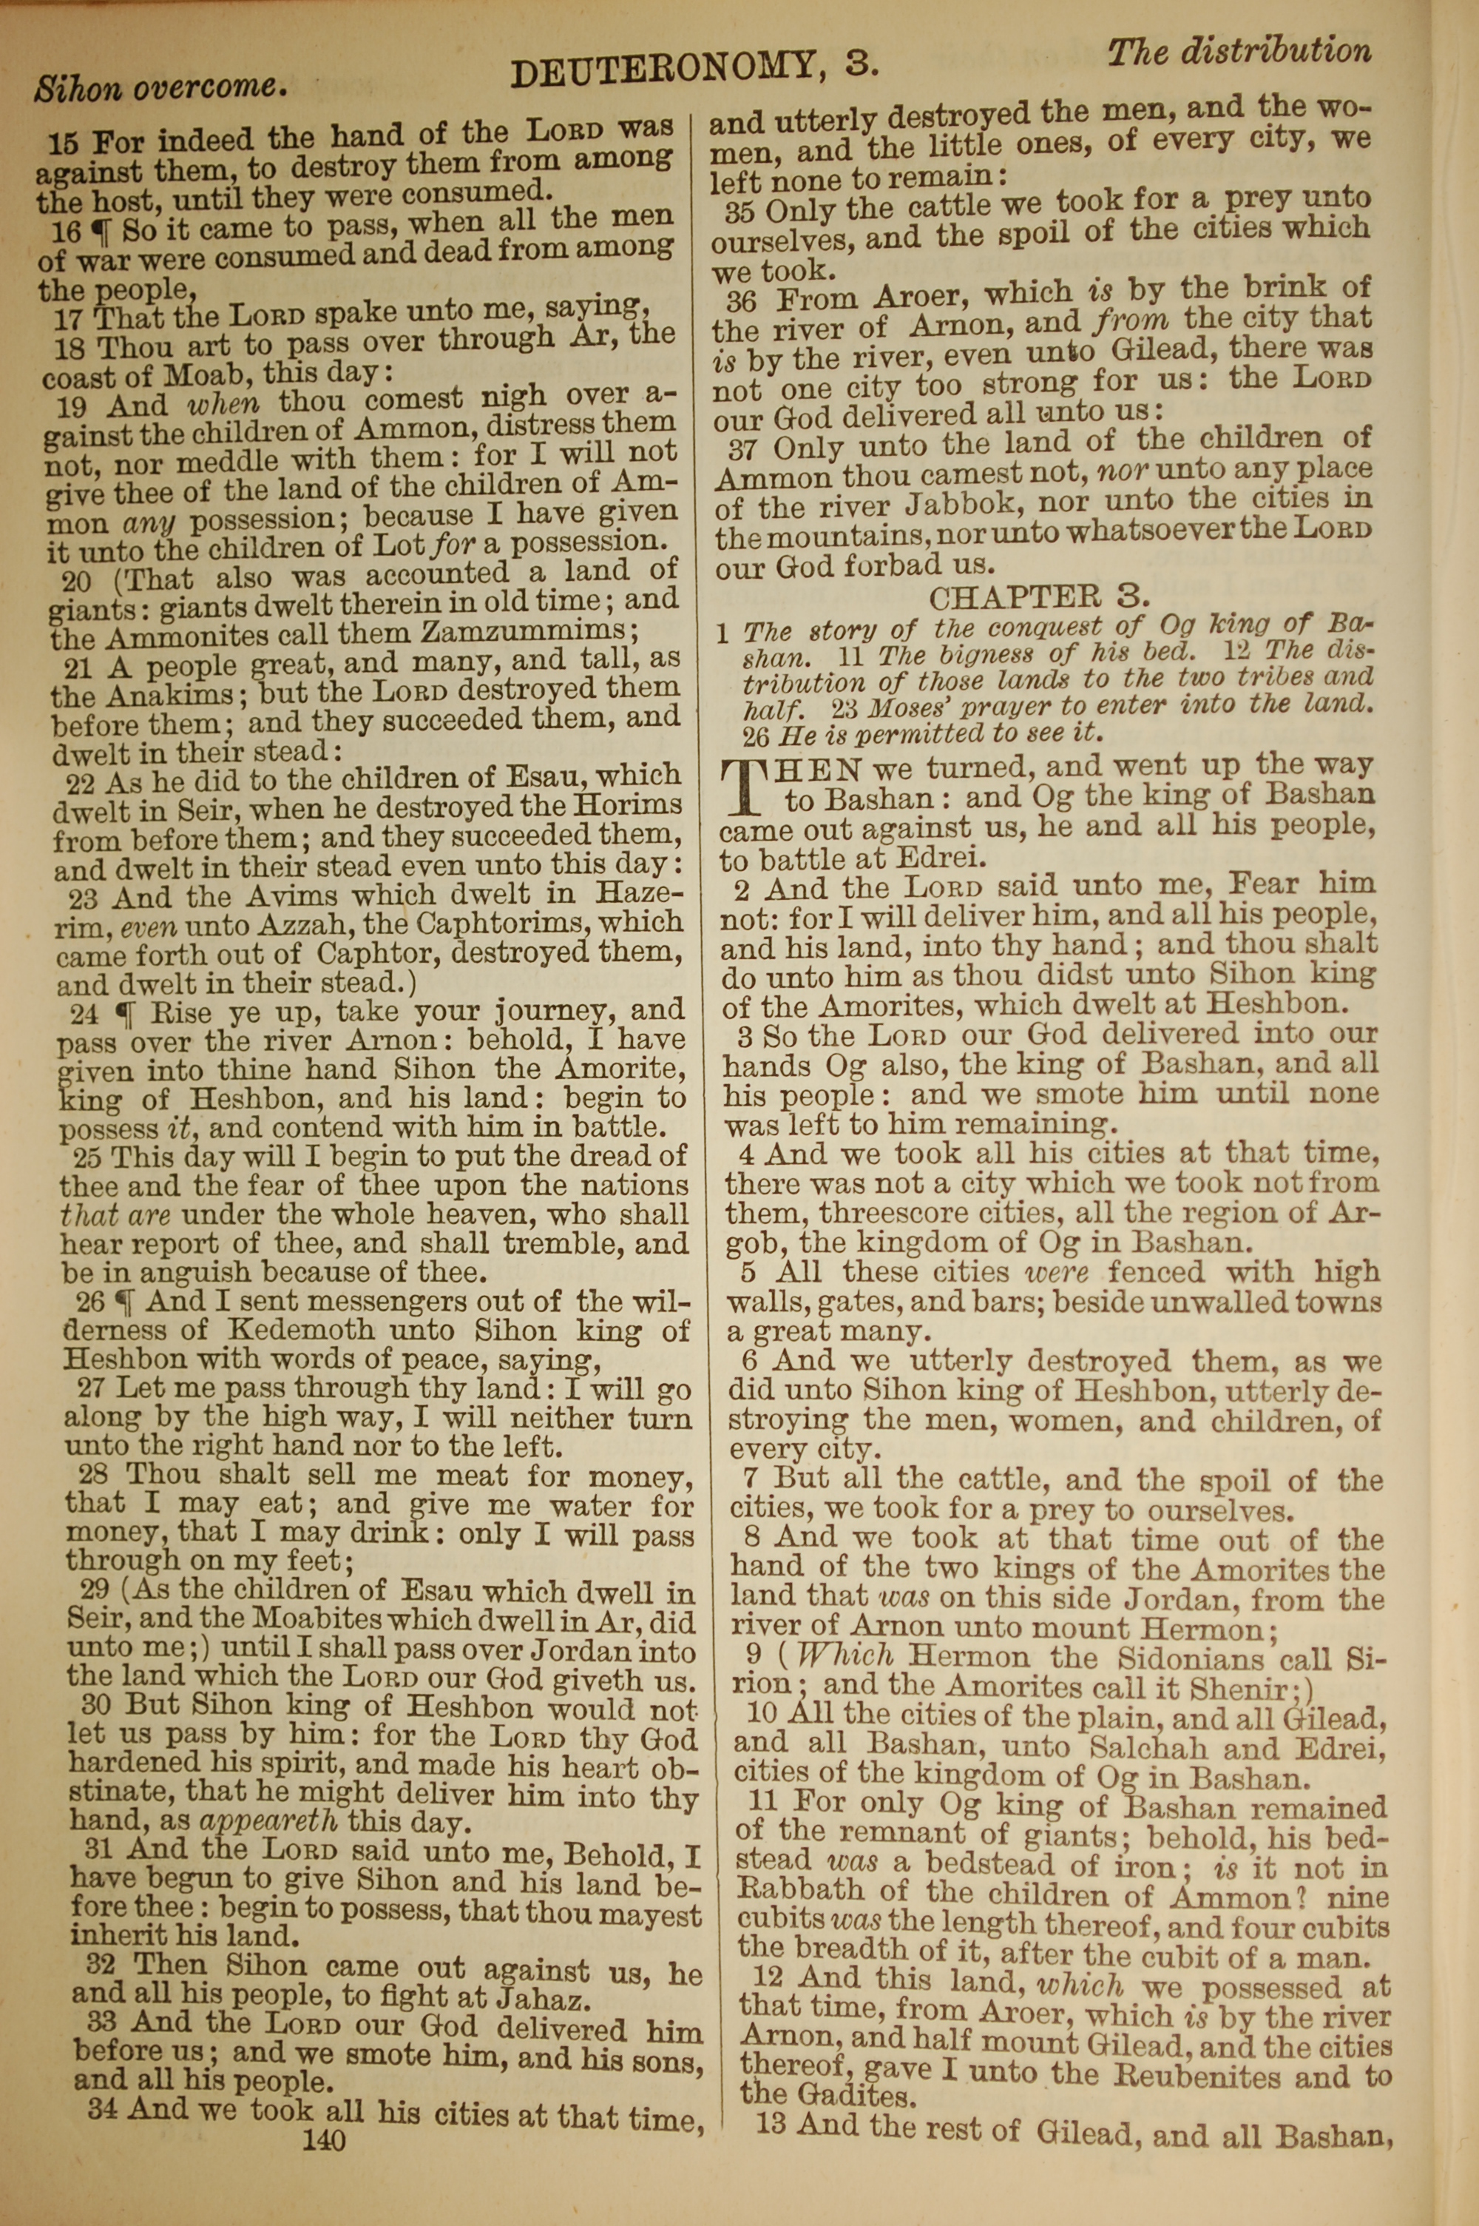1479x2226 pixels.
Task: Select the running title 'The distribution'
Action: [x=1239, y=52]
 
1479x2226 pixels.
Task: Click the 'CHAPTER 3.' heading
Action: [x=1040, y=597]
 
